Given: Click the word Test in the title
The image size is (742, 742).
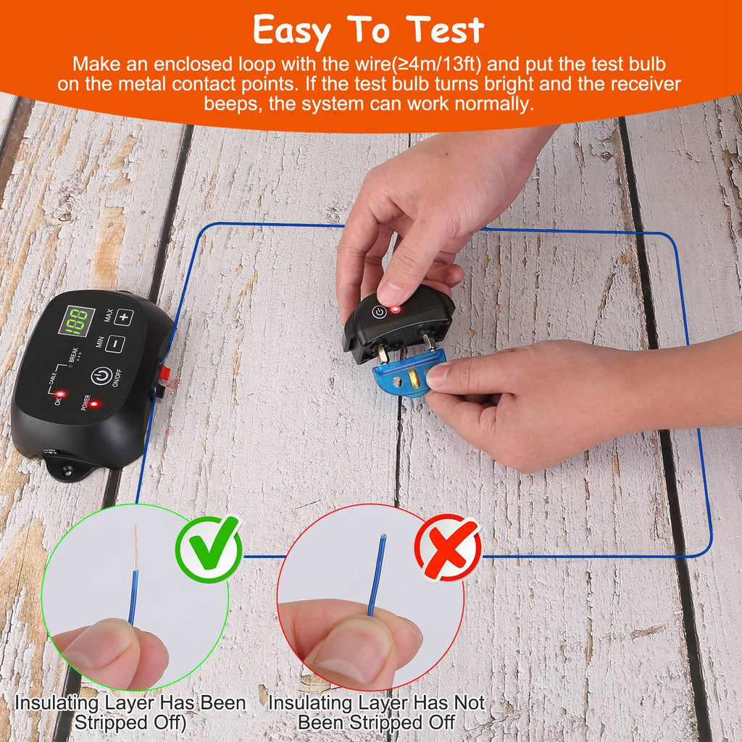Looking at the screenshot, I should (444, 30).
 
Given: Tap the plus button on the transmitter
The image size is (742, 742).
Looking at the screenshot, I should (123, 317).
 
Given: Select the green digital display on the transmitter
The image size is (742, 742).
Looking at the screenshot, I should (76, 320).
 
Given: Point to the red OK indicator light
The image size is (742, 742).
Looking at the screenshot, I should (61, 394).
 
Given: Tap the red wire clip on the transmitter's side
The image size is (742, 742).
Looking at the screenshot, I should (164, 374).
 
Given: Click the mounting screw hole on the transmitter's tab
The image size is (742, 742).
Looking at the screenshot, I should (67, 470).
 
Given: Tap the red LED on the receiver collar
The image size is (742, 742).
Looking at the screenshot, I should (395, 309).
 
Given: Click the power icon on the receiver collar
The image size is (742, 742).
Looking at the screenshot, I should (378, 312).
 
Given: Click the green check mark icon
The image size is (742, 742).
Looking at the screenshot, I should (209, 549).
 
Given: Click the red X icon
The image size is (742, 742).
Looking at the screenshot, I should (447, 547).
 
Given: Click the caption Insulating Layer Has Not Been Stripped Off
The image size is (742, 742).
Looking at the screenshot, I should (376, 712).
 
